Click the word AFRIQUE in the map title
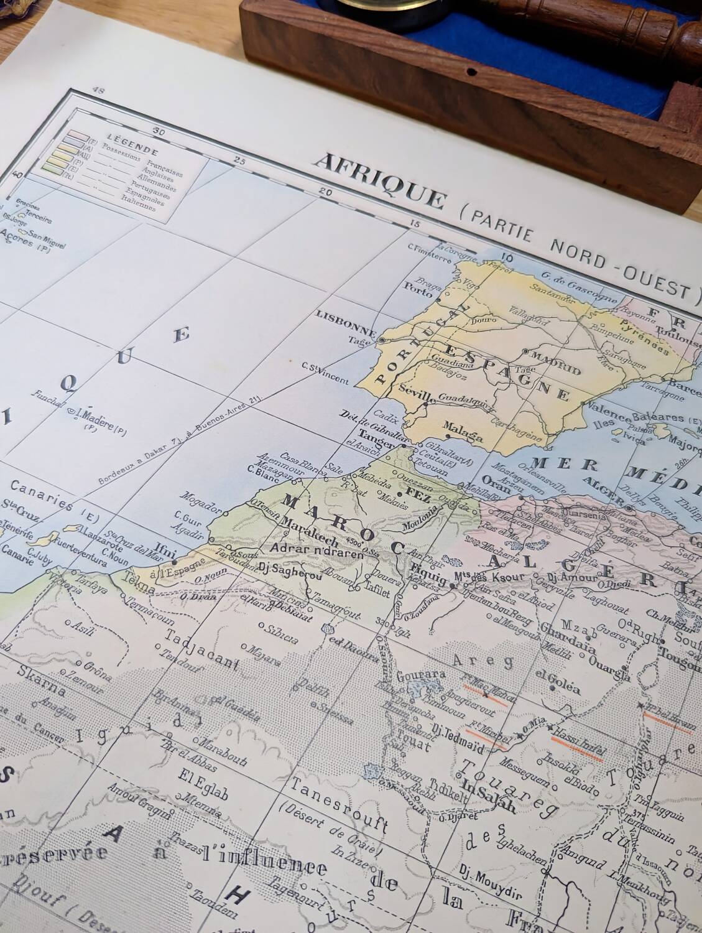pos(381,182)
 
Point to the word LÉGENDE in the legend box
pos(124,144)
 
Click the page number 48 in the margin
pos(97,91)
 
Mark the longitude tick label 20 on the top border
pos(324,192)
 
